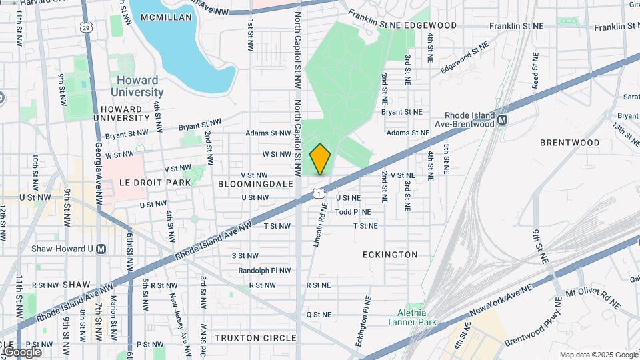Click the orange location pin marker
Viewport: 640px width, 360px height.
coord(321,159)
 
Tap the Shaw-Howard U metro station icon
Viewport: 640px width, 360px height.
coord(101,249)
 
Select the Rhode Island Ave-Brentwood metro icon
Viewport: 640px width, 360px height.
coord(503,120)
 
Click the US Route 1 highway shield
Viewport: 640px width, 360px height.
coord(319,193)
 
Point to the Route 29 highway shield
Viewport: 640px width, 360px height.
coord(85,27)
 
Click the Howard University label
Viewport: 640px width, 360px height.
coord(137,87)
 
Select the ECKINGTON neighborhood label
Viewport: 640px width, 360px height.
coord(390,255)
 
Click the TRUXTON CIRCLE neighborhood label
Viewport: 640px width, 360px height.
coord(255,338)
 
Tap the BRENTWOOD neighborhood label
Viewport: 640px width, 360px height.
coord(570,143)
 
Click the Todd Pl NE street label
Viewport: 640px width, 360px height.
coord(352,212)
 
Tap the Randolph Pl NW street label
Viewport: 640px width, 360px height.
coord(265,271)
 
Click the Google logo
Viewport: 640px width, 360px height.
coord(23,351)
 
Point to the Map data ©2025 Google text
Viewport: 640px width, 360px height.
coord(598,355)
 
